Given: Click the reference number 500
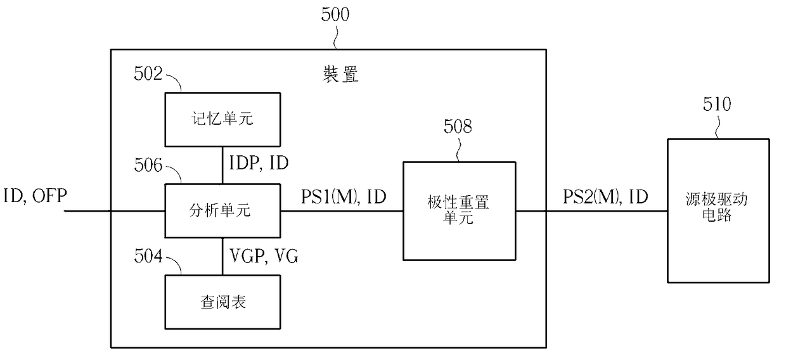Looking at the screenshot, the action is pyautogui.click(x=335, y=15).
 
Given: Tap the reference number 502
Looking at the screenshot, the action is pyautogui.click(x=148, y=74).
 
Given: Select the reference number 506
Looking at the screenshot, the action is pyautogui.click(x=148, y=165).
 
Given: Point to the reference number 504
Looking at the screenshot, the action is pyautogui.click(x=148, y=256).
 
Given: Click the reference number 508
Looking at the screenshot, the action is pyautogui.click(x=458, y=126).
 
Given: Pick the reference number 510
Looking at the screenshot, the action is pyautogui.click(x=717, y=104).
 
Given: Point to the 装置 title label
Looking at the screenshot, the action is pyautogui.click(x=340, y=74).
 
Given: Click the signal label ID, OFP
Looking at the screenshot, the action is pyautogui.click(x=35, y=196).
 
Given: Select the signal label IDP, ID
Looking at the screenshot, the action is pyautogui.click(x=259, y=163).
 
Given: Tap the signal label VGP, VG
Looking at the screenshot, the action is pyautogui.click(x=264, y=256).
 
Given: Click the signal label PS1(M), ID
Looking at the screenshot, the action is pyautogui.click(x=344, y=197).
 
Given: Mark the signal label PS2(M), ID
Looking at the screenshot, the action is pyautogui.click(x=605, y=197).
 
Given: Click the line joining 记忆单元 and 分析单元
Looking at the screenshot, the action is pyautogui.click(x=222, y=165).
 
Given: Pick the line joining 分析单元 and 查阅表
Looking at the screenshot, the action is pyautogui.click(x=222, y=256).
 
